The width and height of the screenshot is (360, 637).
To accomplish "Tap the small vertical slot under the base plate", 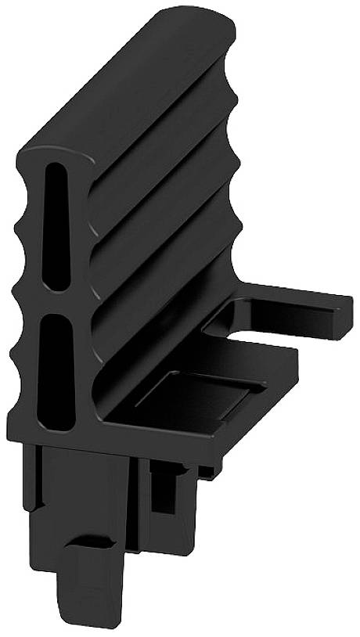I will click(162, 493).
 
